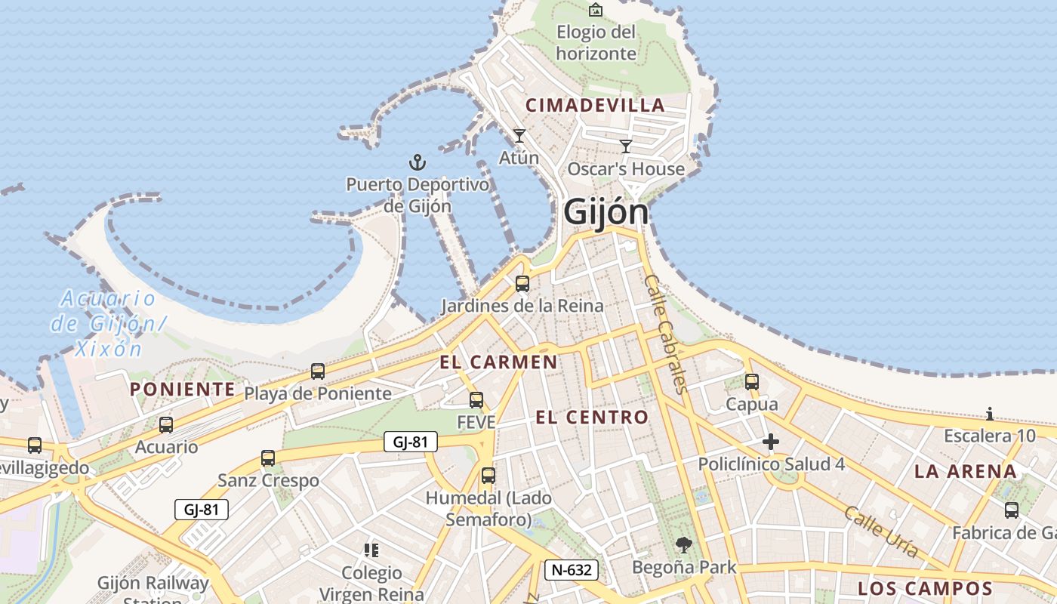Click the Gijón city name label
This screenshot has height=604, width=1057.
click(x=606, y=212)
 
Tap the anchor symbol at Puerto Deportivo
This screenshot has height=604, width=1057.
click(x=418, y=162)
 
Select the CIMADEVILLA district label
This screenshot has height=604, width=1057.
click(x=595, y=106)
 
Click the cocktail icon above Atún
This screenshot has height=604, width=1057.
click(x=519, y=136)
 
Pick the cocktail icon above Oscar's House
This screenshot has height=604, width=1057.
click(x=625, y=146)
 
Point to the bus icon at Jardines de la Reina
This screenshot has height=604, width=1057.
click(x=522, y=285)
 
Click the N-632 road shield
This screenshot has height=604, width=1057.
click(x=572, y=570)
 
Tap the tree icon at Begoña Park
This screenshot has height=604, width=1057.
click(x=683, y=544)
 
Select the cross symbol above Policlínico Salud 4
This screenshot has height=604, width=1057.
click(x=770, y=442)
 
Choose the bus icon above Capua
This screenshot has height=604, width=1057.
click(x=751, y=382)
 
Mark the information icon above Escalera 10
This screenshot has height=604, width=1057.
click(x=990, y=414)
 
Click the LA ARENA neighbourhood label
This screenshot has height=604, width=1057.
click(x=966, y=472)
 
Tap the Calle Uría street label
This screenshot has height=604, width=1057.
click(x=881, y=532)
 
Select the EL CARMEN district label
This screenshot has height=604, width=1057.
click(x=498, y=362)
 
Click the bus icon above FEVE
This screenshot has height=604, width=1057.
click(x=476, y=400)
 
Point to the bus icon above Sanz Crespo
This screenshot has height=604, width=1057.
click(x=268, y=458)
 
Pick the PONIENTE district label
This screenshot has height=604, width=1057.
click(x=182, y=390)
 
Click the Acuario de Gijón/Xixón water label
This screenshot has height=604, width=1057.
click(x=108, y=323)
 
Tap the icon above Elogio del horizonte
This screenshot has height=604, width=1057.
click(x=596, y=10)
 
